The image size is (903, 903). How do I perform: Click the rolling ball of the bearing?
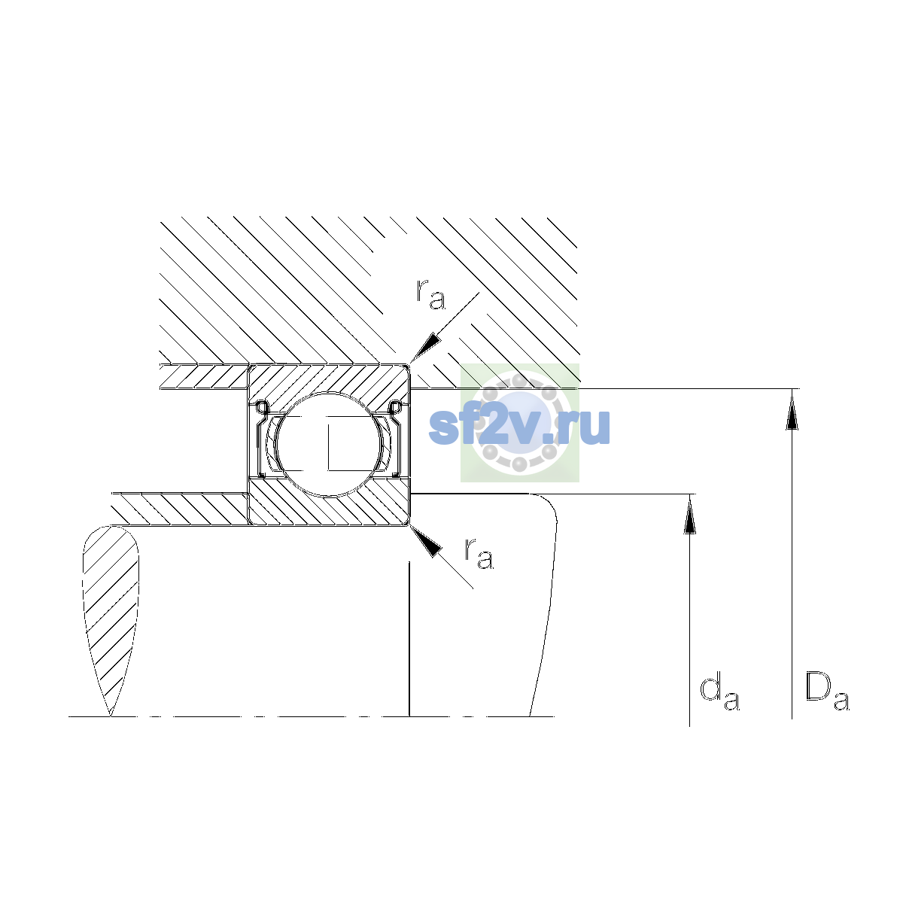(330, 444)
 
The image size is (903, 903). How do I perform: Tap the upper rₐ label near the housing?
(430, 295)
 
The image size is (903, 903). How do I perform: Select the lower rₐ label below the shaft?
(479, 554)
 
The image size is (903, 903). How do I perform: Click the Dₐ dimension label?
(826, 691)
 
